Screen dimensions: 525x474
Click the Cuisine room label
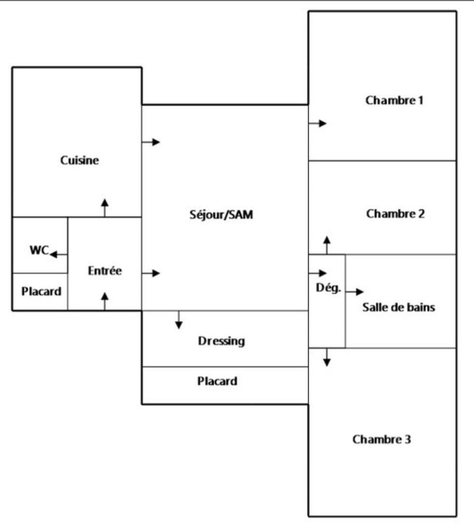click(80, 161)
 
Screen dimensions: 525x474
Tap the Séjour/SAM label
click(222, 214)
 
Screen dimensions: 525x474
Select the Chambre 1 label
click(395, 101)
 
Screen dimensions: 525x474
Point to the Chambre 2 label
click(395, 214)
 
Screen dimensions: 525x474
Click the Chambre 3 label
click(382, 440)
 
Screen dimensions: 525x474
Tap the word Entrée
click(105, 271)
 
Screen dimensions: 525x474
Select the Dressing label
click(222, 341)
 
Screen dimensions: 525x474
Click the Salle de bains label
click(399, 307)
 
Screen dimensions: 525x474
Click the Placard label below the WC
click(41, 291)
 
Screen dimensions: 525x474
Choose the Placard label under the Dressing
click(217, 381)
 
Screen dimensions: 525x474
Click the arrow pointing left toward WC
click(59, 255)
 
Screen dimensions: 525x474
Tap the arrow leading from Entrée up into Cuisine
click(105, 207)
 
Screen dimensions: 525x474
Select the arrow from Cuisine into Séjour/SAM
click(150, 142)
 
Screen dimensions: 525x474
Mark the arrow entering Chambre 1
click(318, 123)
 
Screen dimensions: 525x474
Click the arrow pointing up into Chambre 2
click(327, 245)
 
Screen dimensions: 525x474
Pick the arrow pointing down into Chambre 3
click(327, 357)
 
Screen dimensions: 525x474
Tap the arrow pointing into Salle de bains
click(355, 292)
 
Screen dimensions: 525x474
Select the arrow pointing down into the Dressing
click(179, 320)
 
